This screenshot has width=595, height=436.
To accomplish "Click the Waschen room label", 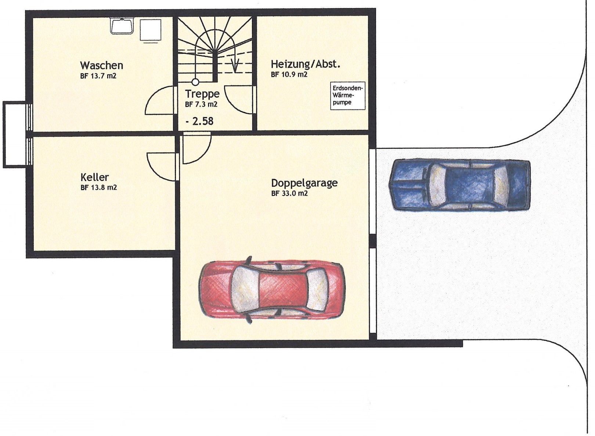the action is coord(101,65).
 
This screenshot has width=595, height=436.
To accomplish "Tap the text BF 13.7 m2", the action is coord(98,76).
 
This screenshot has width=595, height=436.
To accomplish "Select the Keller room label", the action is coord(94,177).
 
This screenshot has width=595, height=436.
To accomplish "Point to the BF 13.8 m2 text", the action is coord(98,187).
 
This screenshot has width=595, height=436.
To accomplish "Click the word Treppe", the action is coord(202,94).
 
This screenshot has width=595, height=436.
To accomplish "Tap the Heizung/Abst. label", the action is coord(306,64).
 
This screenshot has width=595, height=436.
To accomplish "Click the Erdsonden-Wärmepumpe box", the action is coord(348,96).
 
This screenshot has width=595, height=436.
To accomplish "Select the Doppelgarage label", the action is coord(304,183).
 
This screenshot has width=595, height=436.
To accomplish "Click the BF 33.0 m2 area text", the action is coord(289,193).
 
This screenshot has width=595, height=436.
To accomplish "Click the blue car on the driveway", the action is coord(459,185).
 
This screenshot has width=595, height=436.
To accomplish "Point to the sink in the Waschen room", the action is coord(122,26).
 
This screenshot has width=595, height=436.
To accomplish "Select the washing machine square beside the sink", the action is coord(150,31).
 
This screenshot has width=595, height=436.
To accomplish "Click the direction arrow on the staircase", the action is coord(235,66).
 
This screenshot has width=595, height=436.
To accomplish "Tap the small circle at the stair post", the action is coord(195,82).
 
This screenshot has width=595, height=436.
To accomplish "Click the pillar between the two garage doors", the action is coord(373,241).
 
